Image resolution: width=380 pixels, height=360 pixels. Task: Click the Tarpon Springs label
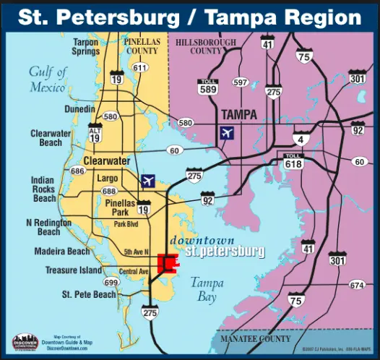tap(85, 48)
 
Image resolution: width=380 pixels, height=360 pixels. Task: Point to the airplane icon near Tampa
tap(227, 134)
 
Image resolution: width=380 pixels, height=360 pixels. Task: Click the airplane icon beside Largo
tap(149, 180)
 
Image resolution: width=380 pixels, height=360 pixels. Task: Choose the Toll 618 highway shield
tap(293, 162)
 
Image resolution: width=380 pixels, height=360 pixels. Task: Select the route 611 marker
tap(140, 68)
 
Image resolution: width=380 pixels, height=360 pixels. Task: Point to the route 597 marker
tap(240, 82)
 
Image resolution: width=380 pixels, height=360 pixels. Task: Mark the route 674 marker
tap(357, 286)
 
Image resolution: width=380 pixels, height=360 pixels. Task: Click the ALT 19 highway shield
tap(95, 132)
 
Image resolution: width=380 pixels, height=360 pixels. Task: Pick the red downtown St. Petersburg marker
tap(168, 263)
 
